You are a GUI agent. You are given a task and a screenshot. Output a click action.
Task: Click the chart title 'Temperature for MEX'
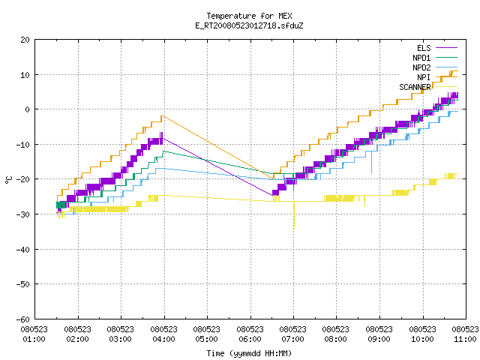249,16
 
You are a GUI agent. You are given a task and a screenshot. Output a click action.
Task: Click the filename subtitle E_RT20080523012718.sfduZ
249,25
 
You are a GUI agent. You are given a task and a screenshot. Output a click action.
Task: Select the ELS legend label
424,48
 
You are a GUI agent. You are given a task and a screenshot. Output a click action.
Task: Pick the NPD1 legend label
421,58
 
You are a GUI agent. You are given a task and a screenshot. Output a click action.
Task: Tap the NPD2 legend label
421,67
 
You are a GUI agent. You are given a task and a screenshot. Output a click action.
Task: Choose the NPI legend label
424,77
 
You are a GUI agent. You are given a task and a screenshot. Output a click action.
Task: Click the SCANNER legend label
415,87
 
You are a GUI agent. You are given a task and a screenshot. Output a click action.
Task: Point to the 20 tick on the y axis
25,40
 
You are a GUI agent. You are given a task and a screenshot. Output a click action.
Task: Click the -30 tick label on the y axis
23,214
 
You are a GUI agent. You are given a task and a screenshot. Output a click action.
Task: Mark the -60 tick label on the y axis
23,319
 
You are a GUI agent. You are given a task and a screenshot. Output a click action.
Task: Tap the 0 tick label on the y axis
28,109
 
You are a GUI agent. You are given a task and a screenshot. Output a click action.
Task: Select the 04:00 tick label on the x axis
163,339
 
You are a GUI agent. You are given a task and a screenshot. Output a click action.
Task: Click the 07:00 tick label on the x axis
293,339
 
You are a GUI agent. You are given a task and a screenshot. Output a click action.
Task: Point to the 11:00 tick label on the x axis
465,339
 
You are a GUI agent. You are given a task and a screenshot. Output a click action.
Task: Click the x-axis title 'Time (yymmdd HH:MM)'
249,353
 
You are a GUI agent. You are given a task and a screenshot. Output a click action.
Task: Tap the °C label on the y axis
8,180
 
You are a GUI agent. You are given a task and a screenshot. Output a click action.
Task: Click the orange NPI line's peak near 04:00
163,116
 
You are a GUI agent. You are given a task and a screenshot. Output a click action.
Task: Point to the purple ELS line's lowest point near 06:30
272,195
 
